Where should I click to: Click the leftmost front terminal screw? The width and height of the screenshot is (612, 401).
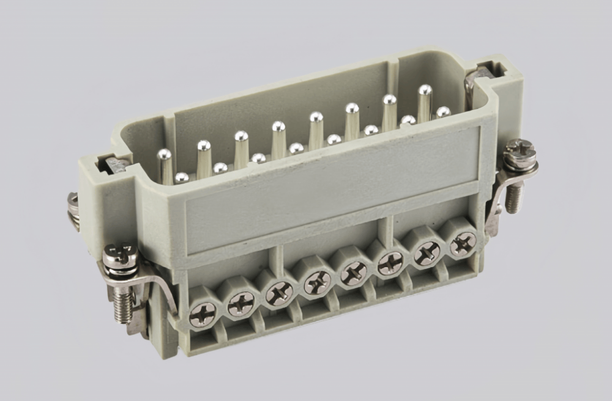[203, 314]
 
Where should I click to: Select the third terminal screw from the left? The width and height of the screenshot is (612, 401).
[278, 293]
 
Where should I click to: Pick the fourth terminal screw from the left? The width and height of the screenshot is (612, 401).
[318, 282]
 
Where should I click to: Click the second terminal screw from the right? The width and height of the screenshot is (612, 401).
[427, 254]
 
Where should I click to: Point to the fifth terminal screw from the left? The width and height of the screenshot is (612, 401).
[354, 273]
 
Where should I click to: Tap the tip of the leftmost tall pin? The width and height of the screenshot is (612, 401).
[164, 154]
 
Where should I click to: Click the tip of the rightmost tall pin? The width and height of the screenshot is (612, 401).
[425, 90]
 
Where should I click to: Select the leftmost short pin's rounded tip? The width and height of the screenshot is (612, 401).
[181, 177]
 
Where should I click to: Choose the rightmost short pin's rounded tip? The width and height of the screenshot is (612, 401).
[443, 112]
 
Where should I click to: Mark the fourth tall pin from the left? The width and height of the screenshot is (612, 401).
[278, 127]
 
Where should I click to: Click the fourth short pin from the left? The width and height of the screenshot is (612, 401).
[296, 148]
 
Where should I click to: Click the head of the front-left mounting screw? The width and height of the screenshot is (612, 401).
[119, 252]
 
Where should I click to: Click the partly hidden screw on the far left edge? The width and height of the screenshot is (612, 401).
[73, 211]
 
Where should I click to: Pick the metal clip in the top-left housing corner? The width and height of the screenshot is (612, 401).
[114, 164]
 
